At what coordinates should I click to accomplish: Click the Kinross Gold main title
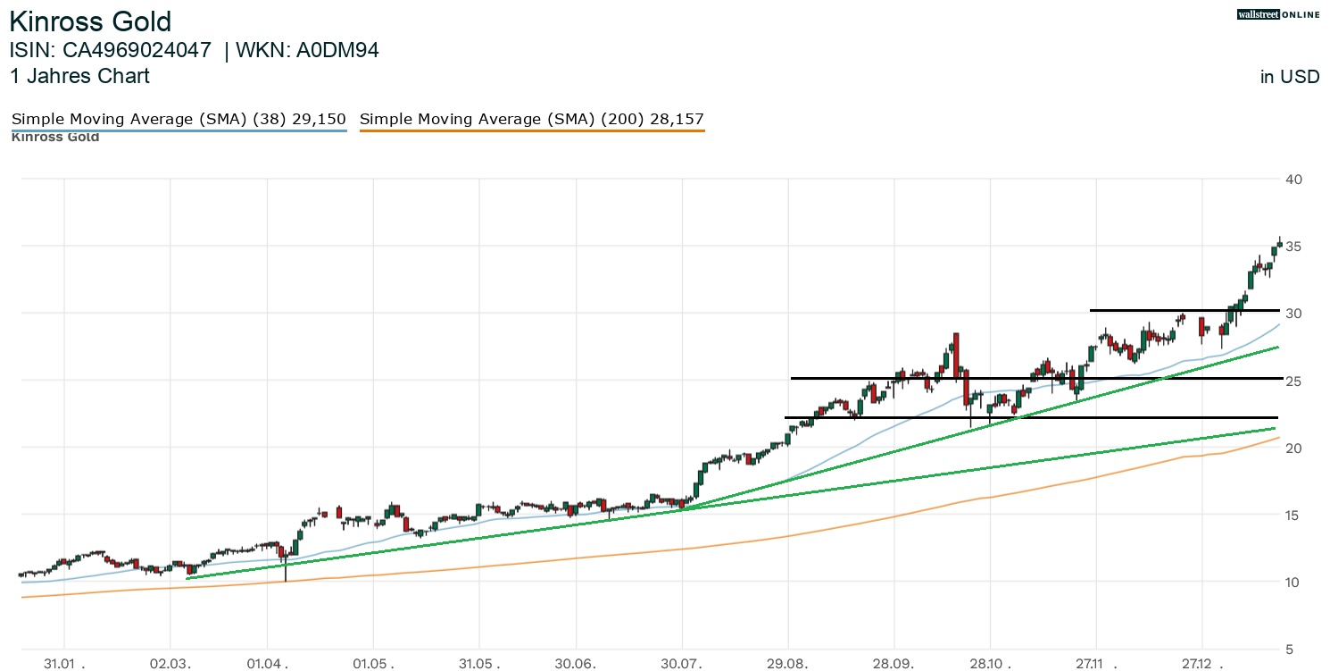click(x=90, y=21)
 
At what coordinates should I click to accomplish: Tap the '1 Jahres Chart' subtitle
click(x=79, y=76)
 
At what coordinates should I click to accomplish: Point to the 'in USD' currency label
click(x=1290, y=77)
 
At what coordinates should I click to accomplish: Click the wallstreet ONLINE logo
click(x=1277, y=14)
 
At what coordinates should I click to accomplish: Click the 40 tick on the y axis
click(x=1294, y=180)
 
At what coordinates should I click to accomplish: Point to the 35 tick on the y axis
click(x=1294, y=247)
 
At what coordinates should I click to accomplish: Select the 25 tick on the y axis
click(x=1294, y=381)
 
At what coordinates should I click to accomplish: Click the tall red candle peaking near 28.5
click(x=955, y=355)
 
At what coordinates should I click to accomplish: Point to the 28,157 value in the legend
click(x=678, y=119)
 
